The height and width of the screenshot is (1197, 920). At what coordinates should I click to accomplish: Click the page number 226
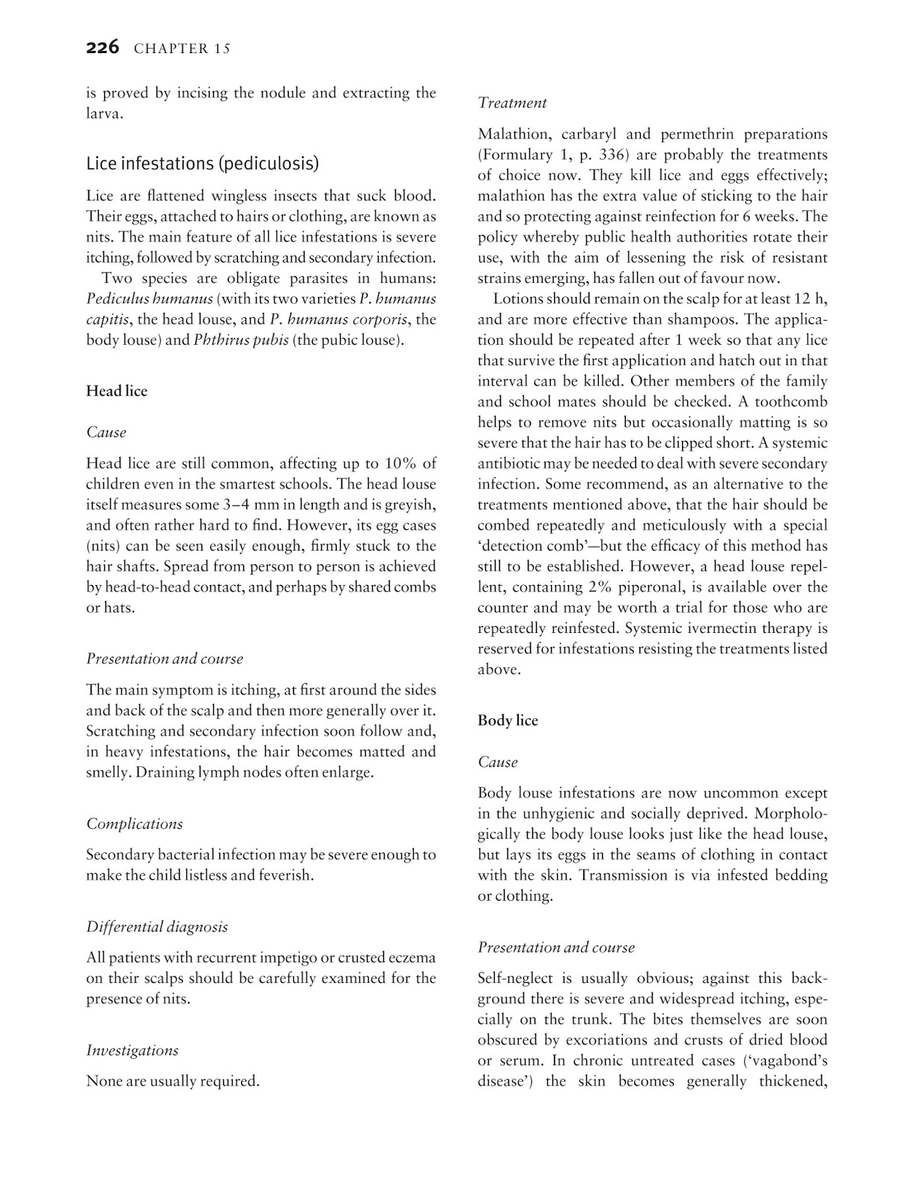(x=103, y=48)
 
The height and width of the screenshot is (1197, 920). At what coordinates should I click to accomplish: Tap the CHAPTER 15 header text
(x=182, y=49)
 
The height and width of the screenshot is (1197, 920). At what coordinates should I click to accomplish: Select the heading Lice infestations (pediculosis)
(x=202, y=163)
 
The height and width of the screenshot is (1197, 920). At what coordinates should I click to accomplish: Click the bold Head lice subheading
(x=117, y=391)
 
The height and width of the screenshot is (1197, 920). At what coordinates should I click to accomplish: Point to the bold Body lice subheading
(x=508, y=720)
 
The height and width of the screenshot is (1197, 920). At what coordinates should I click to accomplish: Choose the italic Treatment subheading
(x=512, y=103)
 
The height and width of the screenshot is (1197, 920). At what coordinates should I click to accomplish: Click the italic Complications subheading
(x=134, y=824)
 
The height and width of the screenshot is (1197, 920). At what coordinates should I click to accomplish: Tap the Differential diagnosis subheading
(x=156, y=927)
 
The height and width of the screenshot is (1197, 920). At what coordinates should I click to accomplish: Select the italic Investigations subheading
(x=132, y=1050)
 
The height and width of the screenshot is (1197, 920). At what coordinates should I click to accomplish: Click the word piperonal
(x=675, y=587)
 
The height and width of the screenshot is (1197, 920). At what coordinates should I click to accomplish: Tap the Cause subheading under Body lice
(x=498, y=762)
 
